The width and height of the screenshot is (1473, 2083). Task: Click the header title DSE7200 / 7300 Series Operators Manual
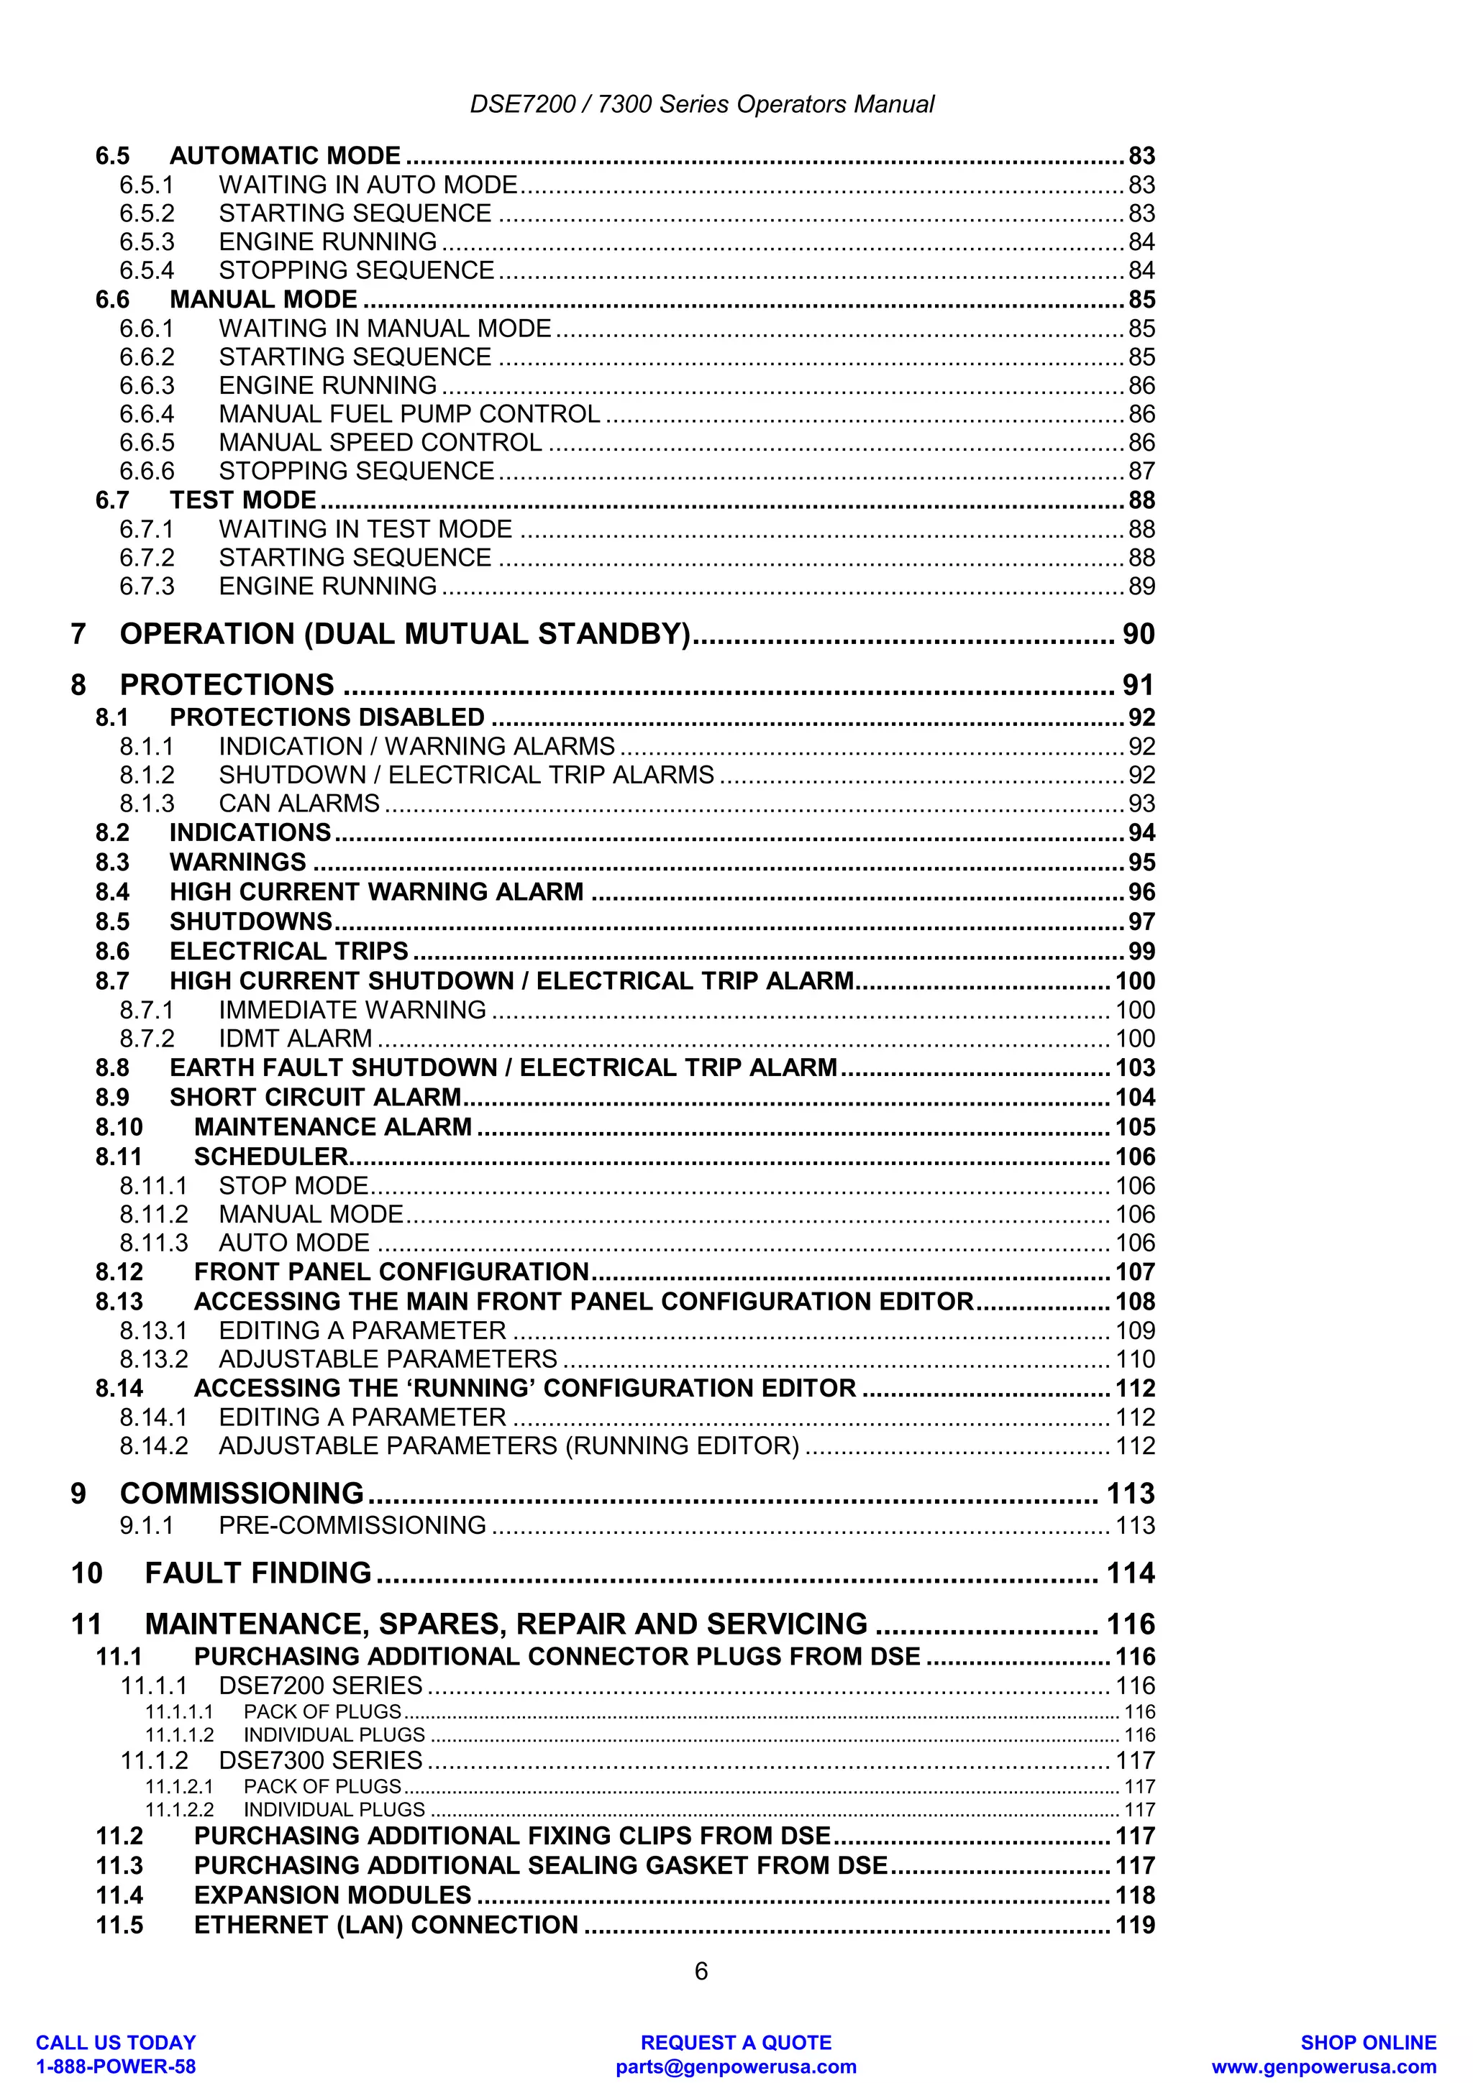(x=701, y=104)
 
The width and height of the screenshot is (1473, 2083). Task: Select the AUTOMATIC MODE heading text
(x=285, y=156)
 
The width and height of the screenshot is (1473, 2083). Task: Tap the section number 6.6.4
(x=146, y=415)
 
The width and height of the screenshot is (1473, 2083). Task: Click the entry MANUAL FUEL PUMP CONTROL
(x=409, y=415)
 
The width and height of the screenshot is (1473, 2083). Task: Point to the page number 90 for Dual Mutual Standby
(x=1138, y=634)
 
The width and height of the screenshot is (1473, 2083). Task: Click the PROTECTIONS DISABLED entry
(x=327, y=717)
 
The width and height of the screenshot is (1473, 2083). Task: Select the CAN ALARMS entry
(x=298, y=804)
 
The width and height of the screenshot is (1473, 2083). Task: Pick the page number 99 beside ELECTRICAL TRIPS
(x=1141, y=952)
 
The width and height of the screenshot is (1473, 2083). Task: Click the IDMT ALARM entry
(x=295, y=1039)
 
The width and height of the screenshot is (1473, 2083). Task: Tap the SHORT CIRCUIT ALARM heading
(x=316, y=1098)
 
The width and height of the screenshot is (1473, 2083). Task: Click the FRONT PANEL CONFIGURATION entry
(x=391, y=1272)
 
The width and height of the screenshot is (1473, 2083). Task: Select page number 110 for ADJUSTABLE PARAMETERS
(x=1134, y=1359)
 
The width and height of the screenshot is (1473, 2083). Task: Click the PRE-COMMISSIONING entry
(x=352, y=1525)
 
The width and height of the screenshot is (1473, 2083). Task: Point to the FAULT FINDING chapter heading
(x=257, y=1573)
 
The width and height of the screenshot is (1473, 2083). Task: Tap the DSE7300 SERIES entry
(x=320, y=1761)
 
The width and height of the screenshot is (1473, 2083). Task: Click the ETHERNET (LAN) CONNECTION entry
(x=386, y=1925)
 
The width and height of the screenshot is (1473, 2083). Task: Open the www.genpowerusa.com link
(x=1323, y=2066)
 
